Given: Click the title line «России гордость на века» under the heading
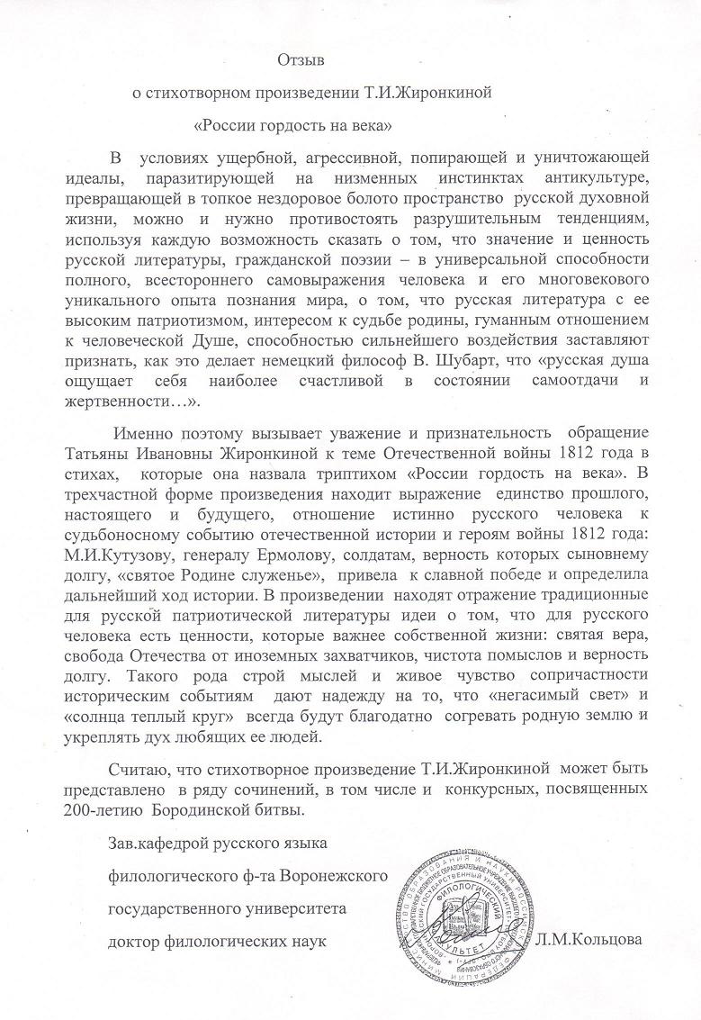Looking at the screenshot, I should click(x=292, y=120).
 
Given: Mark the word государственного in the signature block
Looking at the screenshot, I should click(x=175, y=909).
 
